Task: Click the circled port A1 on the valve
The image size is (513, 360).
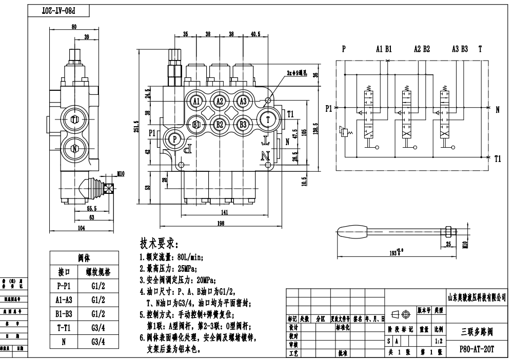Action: coord(196,101)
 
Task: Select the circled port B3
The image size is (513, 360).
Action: coord(243,124)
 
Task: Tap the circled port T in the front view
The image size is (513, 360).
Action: coord(268,119)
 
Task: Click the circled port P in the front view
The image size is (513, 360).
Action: coord(174,139)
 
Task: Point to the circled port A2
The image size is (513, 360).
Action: coord(220,101)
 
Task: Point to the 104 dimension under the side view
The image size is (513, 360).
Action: coord(81,228)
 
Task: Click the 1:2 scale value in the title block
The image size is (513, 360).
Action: coord(438,341)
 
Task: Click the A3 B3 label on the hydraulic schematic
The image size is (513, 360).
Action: coord(460,49)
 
